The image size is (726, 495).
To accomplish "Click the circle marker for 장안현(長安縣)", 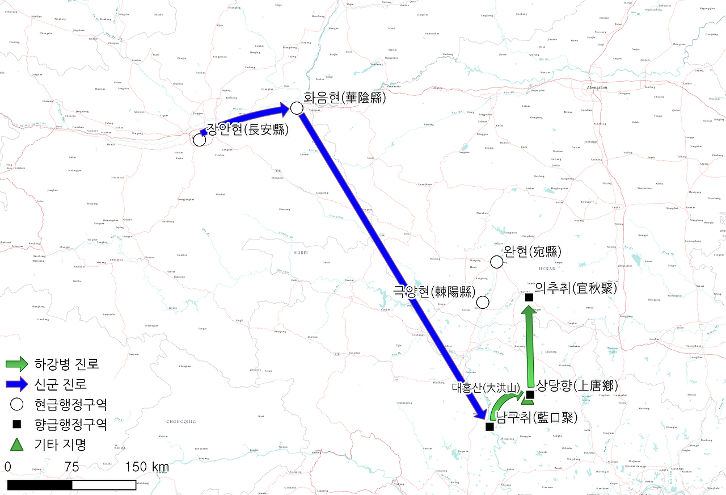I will tap(199, 140).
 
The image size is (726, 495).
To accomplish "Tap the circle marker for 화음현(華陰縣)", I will tap(296, 108).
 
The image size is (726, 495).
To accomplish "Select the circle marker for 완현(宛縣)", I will tap(496, 262).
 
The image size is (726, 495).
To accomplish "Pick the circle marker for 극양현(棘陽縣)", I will tap(483, 303).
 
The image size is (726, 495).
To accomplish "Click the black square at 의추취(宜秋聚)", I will tap(529, 297).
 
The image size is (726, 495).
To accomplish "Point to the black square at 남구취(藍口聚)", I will tap(489, 426).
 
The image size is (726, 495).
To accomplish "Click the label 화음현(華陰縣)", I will tap(344, 98).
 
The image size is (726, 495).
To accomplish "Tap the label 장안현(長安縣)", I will tap(247, 129).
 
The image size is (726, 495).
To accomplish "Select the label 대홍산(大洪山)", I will tap(486, 388).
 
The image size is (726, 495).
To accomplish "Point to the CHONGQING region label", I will tap(181, 422).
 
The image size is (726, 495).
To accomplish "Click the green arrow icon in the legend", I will tap(17, 364).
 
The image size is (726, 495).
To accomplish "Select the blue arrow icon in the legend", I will tap(17, 384).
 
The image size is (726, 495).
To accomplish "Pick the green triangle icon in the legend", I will tap(17, 444).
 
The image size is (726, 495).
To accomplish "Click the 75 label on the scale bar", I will tap(71, 467).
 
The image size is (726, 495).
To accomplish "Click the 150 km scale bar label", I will tap(147, 467).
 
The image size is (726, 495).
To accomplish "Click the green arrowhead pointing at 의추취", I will tap(529, 312).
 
